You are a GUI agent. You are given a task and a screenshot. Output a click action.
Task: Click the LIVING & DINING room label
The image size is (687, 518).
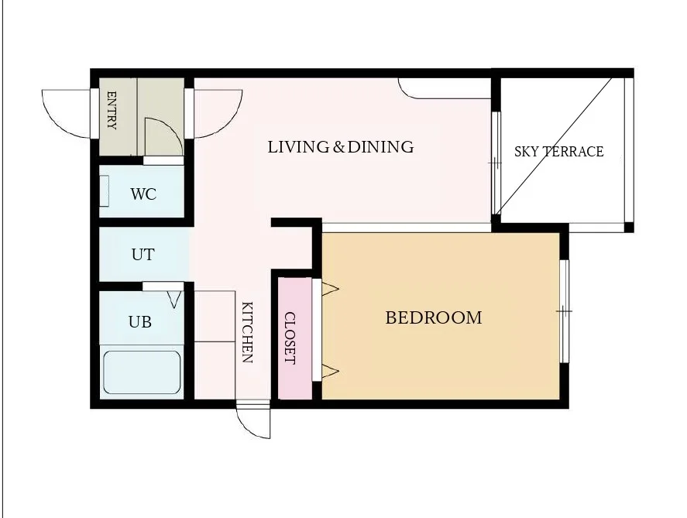click(341, 147)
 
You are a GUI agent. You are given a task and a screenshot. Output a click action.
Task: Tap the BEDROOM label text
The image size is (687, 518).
click(433, 318)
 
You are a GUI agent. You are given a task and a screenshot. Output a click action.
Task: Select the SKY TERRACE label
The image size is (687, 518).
click(558, 152)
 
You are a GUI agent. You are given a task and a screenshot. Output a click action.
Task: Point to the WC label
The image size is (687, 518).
click(143, 194)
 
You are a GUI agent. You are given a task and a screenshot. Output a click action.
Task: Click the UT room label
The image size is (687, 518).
click(143, 255)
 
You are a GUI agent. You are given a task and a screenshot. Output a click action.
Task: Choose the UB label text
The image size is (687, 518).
click(140, 322)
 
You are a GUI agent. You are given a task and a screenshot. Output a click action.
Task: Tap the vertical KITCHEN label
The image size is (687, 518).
click(248, 332)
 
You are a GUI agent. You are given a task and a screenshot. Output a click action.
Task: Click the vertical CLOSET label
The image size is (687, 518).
click(290, 338)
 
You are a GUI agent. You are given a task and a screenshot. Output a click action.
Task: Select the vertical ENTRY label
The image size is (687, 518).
click(112, 111)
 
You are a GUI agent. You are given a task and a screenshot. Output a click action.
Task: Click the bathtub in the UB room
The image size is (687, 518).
click(142, 372)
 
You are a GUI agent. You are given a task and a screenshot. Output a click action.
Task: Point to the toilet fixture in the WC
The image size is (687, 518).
click(105, 191)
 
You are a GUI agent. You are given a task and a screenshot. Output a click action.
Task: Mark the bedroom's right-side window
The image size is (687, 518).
click(565, 311)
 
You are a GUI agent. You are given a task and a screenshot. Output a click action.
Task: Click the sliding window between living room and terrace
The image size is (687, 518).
click(496, 163)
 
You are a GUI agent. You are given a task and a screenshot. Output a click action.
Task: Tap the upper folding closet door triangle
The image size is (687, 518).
click(330, 289)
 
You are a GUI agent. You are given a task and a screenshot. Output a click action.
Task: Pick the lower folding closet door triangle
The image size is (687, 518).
click(330, 372)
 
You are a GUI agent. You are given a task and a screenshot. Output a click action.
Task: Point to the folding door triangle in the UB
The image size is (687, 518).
click(174, 300)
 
